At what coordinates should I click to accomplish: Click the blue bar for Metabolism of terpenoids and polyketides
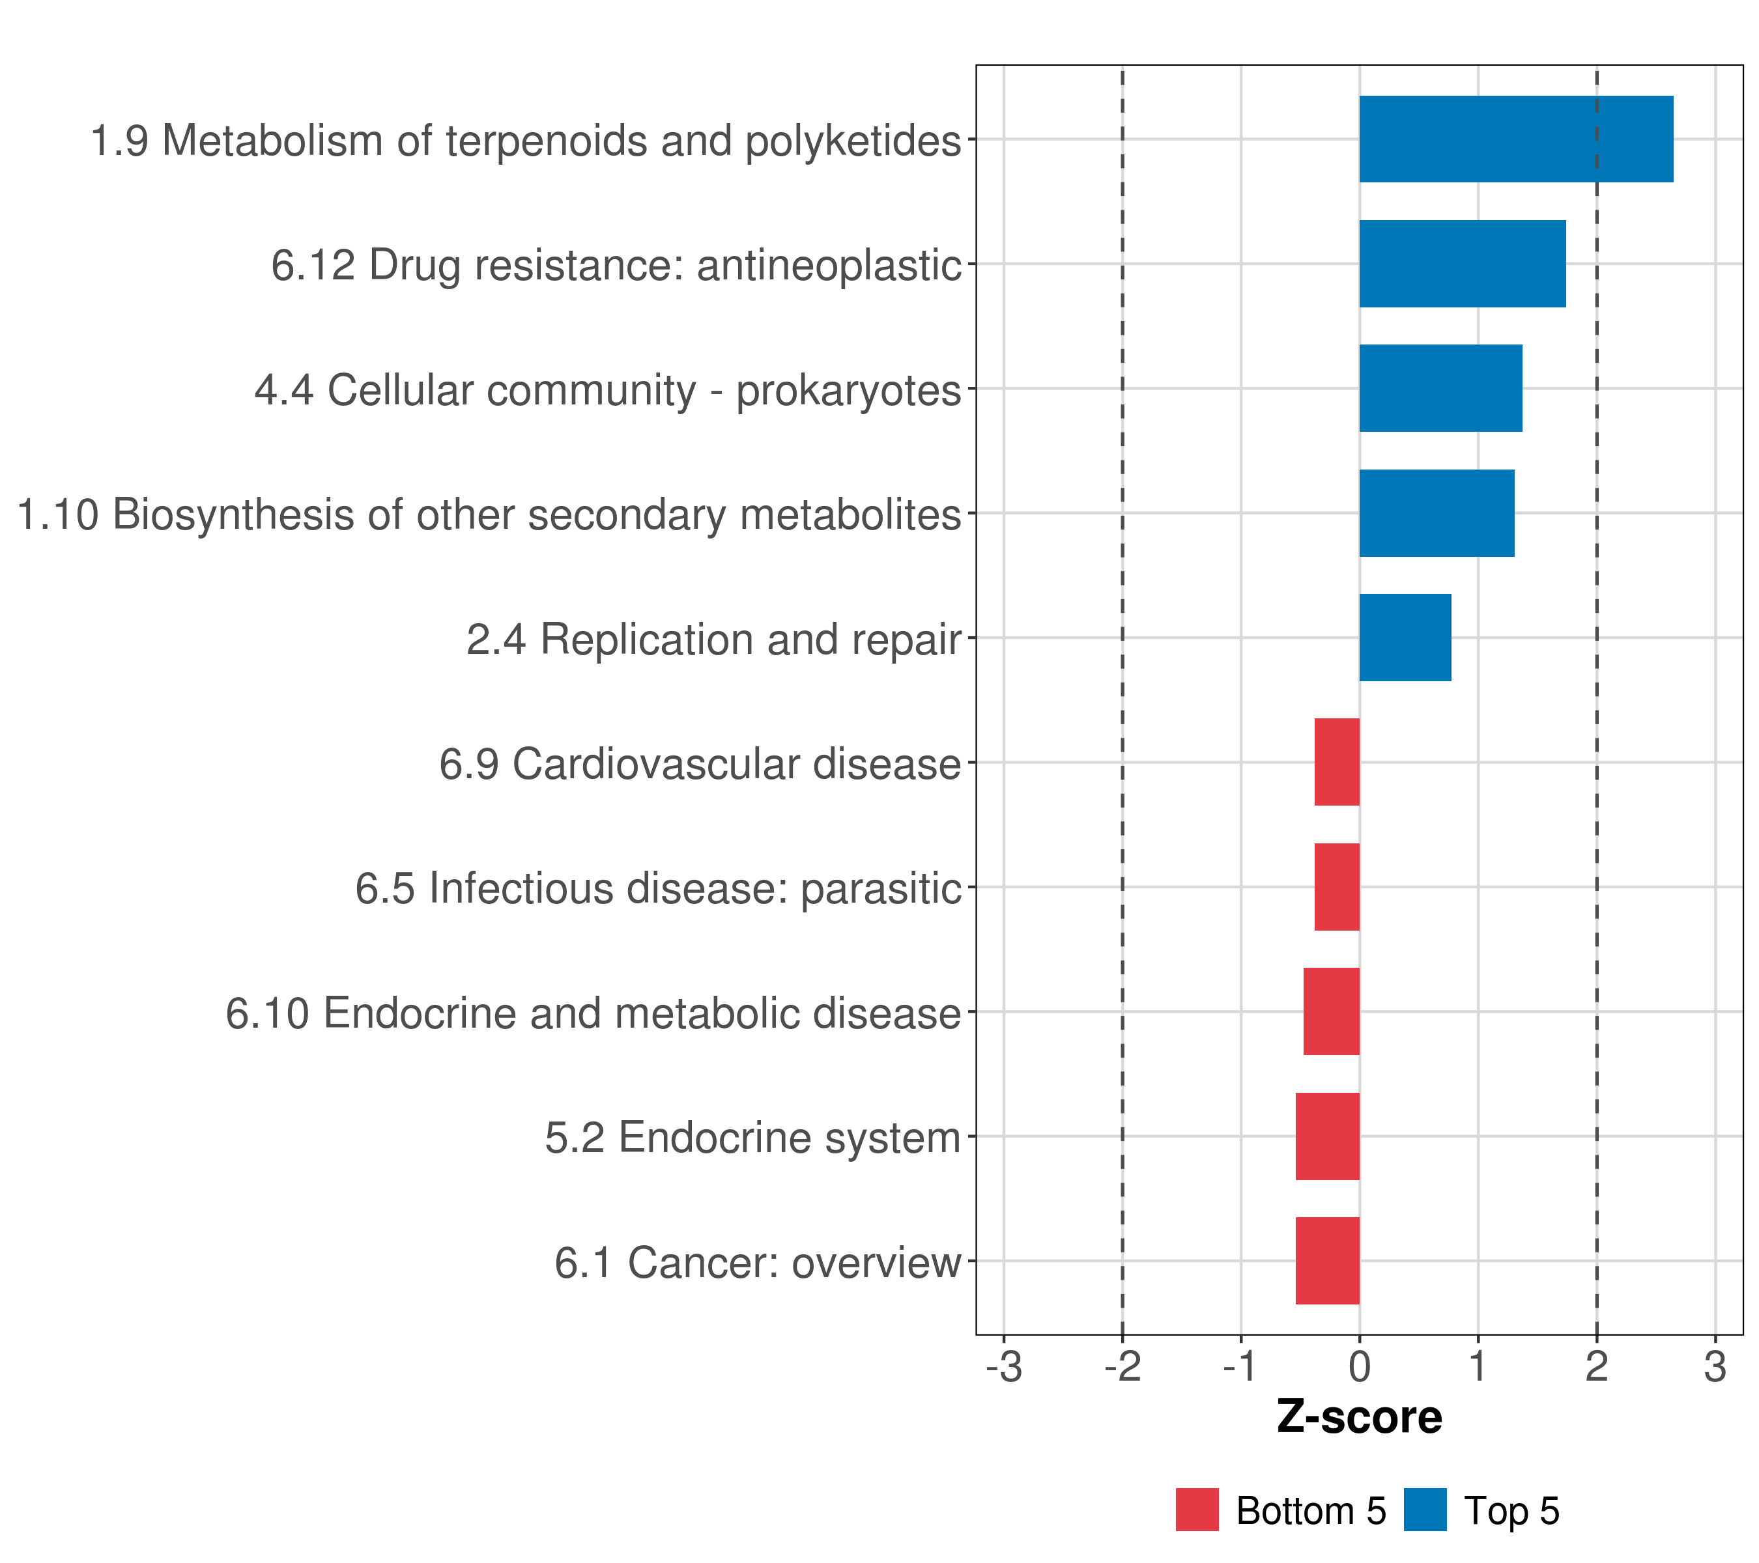click(1515, 139)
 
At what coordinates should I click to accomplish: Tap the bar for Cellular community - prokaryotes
click(1440, 389)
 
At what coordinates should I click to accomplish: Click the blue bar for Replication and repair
click(1405, 638)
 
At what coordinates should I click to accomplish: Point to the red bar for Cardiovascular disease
click(1336, 762)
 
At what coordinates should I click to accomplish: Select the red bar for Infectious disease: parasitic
click(1336, 887)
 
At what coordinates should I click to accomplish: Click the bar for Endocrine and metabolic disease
click(1331, 1011)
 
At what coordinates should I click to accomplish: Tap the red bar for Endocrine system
click(1327, 1136)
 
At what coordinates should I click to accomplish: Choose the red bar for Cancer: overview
click(1327, 1261)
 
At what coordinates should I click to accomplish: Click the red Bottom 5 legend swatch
click(1197, 1510)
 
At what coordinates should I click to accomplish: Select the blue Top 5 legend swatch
click(1425, 1510)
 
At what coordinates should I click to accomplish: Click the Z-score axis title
click(1359, 1416)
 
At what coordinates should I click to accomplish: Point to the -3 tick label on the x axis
click(1003, 1368)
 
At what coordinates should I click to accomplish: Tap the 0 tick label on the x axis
click(1360, 1368)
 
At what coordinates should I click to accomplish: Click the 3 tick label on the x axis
click(1715, 1368)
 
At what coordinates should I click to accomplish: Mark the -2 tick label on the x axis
click(1123, 1368)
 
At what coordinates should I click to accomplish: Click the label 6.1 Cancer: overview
click(757, 1263)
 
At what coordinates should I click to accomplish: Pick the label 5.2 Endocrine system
click(752, 1138)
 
